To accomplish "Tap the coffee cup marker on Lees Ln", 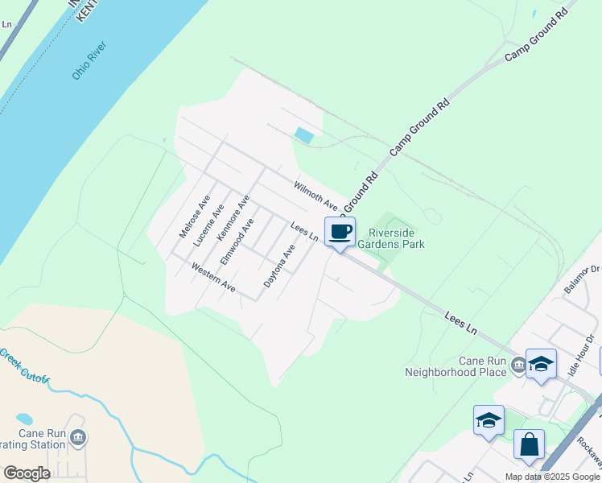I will [340, 233].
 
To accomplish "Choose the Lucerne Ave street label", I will [208, 221].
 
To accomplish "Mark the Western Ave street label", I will [213, 276].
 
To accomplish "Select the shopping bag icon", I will [529, 444].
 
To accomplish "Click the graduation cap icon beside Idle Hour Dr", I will [541, 364].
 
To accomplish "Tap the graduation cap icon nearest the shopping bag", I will [489, 420].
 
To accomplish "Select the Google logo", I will [27, 473].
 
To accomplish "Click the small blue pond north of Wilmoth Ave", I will [304, 135].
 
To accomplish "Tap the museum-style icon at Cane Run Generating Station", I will [78, 438].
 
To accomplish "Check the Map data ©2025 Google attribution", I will [551, 477].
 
